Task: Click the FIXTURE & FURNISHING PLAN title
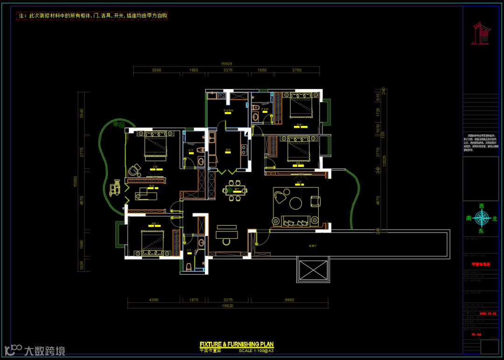click(237, 345)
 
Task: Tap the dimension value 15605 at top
click(226, 64)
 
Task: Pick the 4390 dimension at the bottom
click(154, 299)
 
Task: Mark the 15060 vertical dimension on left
click(81, 183)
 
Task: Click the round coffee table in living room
click(295, 203)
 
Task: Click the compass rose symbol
click(481, 218)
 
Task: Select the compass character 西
click(482, 206)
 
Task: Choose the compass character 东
click(481, 230)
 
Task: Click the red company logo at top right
click(481, 34)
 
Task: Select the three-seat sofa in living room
click(295, 222)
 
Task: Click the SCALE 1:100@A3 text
click(257, 350)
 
